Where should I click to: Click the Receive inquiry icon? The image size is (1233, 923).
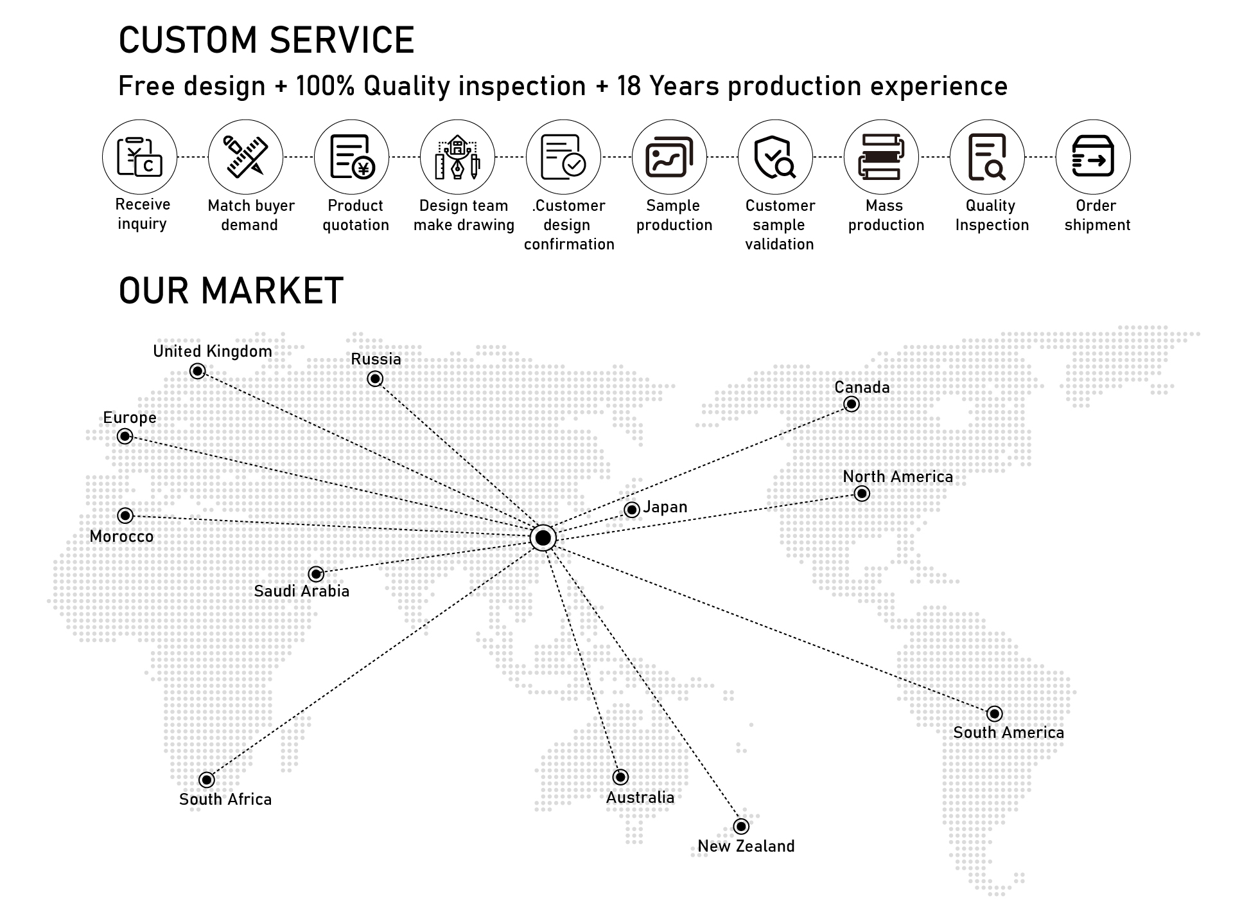pos(139,157)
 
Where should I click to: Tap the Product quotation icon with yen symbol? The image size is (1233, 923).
pos(351,157)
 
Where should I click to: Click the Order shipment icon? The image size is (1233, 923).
pos(1093,157)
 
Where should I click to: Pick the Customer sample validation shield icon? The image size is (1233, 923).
pos(775,157)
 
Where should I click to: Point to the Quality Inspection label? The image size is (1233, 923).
pos(992,215)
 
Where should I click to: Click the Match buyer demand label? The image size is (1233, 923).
pos(250,215)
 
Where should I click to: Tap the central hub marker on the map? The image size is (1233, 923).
pos(543,537)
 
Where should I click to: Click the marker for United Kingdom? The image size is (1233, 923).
pos(198,371)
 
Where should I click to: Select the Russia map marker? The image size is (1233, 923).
pos(375,379)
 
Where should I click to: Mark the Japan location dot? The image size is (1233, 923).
pos(632,510)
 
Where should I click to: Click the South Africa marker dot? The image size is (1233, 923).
pos(206,780)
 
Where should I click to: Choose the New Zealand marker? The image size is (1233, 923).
pos(741,826)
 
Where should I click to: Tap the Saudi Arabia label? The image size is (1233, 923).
pos(301,591)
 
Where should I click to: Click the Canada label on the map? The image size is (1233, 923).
pos(862,388)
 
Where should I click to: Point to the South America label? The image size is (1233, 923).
pos(1008,733)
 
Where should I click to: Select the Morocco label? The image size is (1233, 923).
pos(121,537)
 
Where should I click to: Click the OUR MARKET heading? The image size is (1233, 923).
pos(231,291)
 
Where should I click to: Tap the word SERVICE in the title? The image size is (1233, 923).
pos(342,40)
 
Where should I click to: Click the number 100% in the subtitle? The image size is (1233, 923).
pos(325,86)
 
